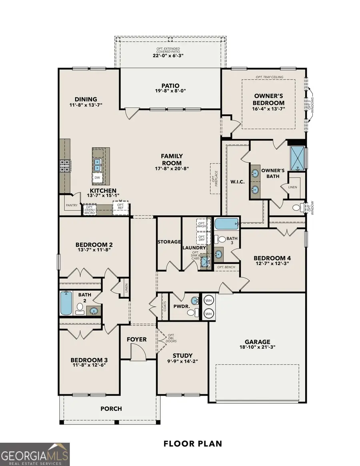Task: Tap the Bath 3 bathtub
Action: coord(226,224)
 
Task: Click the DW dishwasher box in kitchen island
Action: coord(98,177)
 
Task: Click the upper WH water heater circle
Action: coord(209,300)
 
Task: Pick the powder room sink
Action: coord(194,300)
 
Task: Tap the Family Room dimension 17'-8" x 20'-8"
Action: coord(172,168)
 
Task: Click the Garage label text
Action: coord(258,342)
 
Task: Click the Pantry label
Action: coord(72,205)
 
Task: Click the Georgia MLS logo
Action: coord(35,454)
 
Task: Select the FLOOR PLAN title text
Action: coord(192,444)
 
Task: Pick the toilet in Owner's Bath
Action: coord(297,208)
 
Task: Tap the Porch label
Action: coord(111,408)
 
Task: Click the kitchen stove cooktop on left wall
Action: coord(64,166)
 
